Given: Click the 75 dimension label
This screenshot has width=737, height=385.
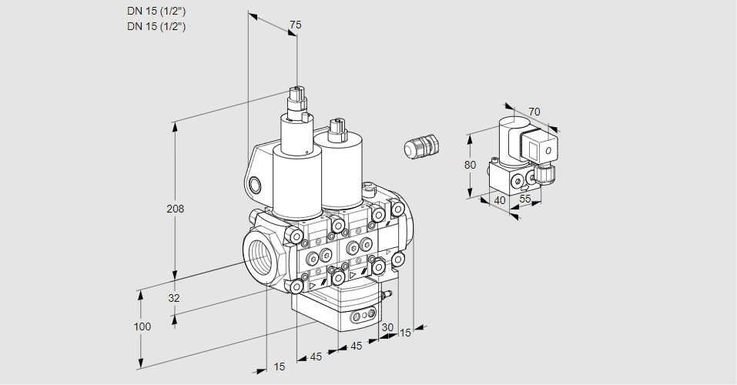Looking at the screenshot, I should click(x=294, y=25).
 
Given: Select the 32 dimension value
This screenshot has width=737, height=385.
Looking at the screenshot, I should click(x=173, y=298).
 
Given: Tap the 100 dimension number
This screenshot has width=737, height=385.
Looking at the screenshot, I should click(x=142, y=326).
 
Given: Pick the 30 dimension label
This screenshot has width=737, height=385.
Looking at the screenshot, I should click(x=387, y=326).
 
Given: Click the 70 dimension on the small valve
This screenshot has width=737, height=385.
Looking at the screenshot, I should click(x=534, y=112).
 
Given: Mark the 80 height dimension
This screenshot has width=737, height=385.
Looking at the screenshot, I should click(x=471, y=165).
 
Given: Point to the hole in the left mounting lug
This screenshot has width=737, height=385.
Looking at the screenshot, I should click(x=256, y=184).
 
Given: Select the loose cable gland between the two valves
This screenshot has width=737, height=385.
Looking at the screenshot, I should click(x=421, y=146).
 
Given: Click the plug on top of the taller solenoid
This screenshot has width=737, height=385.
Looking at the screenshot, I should click(x=296, y=101).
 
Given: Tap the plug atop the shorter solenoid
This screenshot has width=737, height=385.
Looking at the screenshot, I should click(x=335, y=130).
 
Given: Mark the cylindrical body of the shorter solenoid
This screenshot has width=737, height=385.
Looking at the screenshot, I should click(x=342, y=173).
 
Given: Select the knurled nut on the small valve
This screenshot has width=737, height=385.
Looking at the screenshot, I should click(x=548, y=173).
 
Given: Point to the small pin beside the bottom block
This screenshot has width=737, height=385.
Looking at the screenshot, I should click(x=388, y=293).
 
